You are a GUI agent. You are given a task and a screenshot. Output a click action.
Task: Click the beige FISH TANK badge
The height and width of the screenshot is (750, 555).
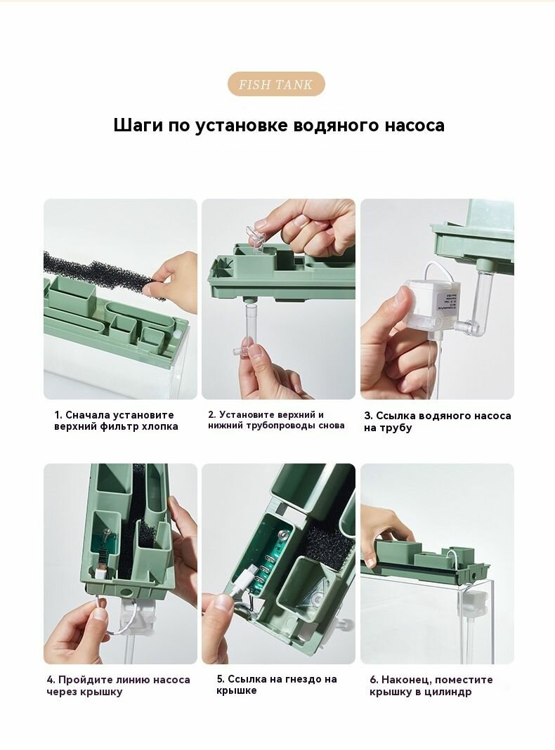[x=276, y=84]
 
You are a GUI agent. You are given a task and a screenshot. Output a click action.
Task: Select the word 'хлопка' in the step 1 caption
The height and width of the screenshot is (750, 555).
[x=159, y=427]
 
